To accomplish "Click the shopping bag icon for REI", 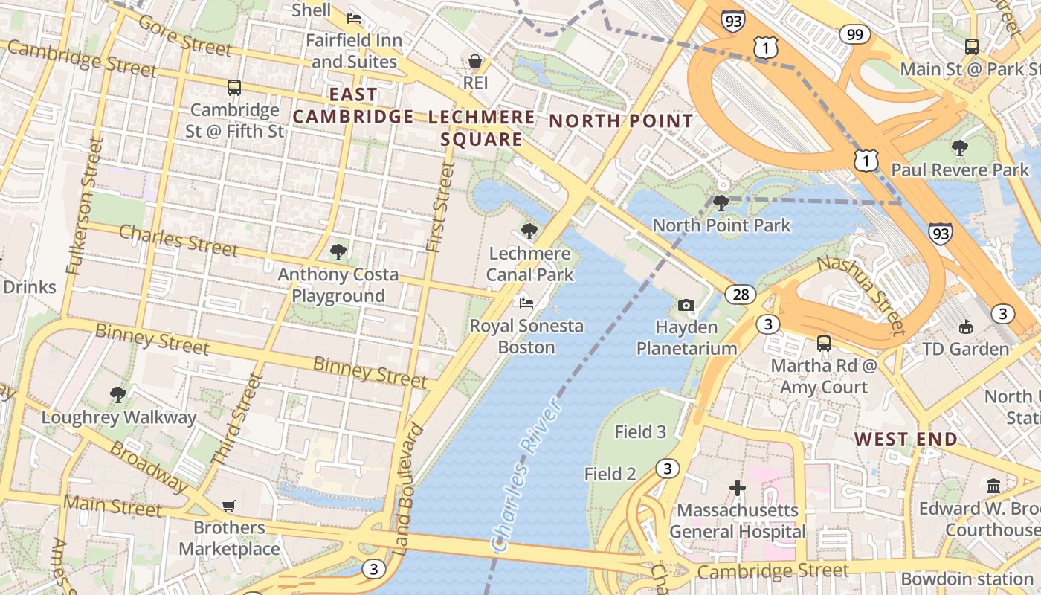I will [475, 60].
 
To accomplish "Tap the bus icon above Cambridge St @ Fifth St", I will [234, 88].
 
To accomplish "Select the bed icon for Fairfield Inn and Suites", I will [355, 18].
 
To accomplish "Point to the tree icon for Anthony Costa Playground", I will [338, 252].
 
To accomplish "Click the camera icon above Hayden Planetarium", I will [686, 305].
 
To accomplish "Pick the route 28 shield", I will [741, 295].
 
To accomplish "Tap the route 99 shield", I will [855, 33].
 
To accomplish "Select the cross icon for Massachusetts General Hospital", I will [737, 488].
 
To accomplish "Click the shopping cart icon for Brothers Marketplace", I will [229, 506].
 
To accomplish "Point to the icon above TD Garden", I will [965, 326].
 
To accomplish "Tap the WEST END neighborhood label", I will [906, 439].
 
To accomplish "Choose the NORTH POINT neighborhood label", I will [621, 121].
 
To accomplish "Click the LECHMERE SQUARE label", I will [482, 129].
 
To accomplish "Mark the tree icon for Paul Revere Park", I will [960, 147].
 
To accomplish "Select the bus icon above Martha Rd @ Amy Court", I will [824, 344].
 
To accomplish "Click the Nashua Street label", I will [862, 295].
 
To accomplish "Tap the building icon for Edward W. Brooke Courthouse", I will [993, 486].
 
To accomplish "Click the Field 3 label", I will [640, 431].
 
